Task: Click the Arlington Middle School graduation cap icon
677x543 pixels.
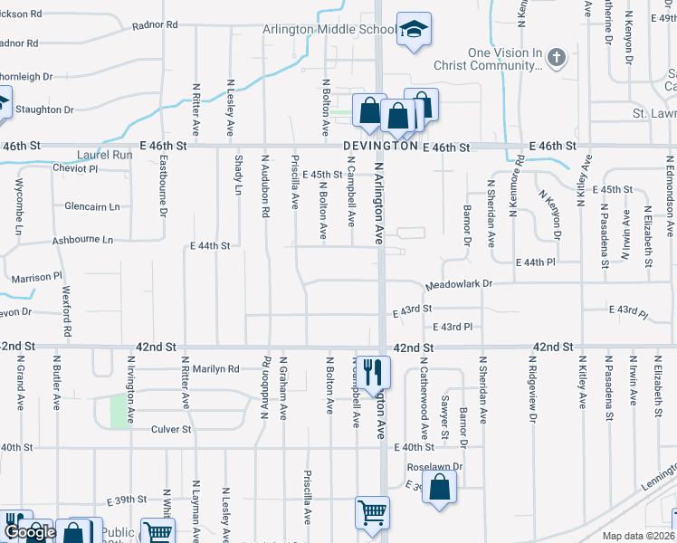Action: [x=415, y=30]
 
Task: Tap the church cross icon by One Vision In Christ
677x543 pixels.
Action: [x=556, y=59]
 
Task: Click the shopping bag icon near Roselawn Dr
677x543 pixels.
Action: [x=439, y=488]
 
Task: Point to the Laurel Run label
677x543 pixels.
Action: [x=105, y=155]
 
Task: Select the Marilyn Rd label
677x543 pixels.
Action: [x=215, y=368]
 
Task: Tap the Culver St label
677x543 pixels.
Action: [x=171, y=429]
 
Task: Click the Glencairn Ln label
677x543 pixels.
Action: [x=92, y=206]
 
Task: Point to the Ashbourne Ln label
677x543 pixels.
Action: [x=82, y=240]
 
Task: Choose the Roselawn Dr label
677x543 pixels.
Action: [x=434, y=467]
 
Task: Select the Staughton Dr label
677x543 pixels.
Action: [x=43, y=110]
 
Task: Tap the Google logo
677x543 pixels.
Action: [x=30, y=532]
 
